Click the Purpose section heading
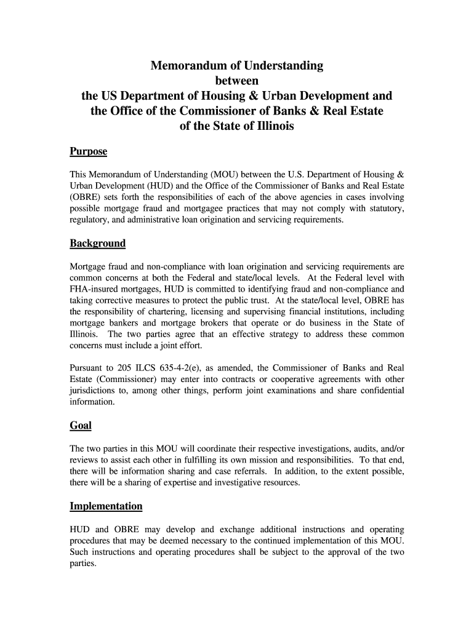(x=89, y=151)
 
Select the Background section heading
(x=97, y=243)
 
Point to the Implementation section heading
(x=106, y=506)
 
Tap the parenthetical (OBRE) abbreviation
(x=86, y=197)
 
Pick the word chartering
(x=163, y=312)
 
